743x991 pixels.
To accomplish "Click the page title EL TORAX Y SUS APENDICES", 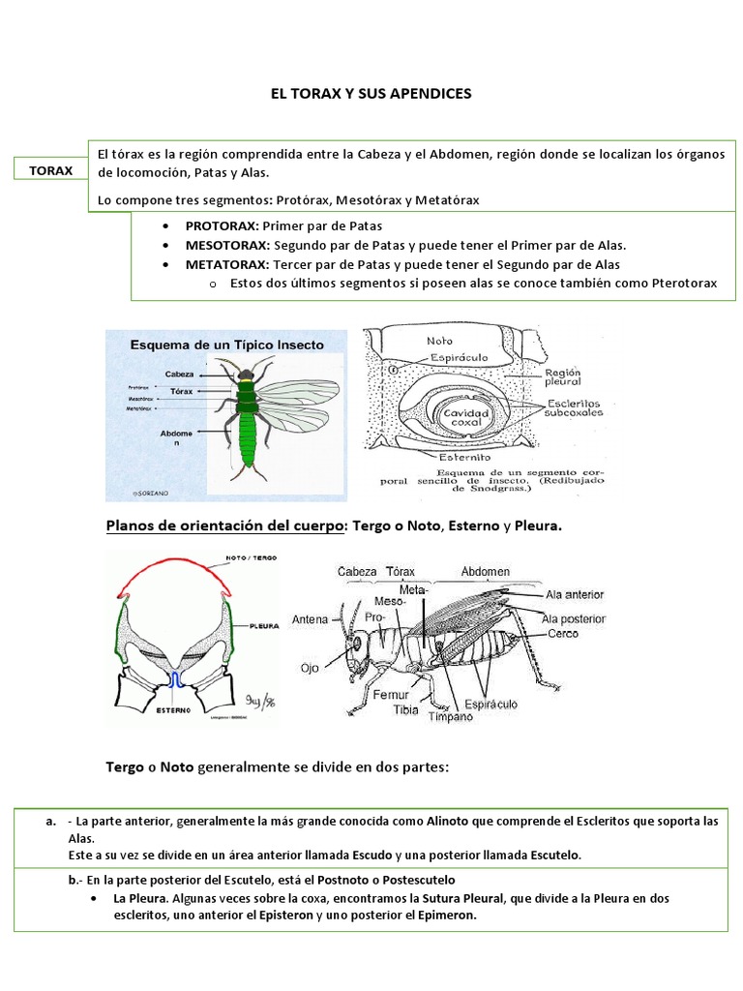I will click(x=371, y=94).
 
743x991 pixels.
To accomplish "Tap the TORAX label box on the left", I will click(x=51, y=170).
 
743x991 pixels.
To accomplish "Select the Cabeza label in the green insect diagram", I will click(x=181, y=374).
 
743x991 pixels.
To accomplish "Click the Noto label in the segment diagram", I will click(x=439, y=341).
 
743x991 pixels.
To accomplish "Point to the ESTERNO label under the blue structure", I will click(x=174, y=708).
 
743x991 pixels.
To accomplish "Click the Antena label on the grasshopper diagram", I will click(x=312, y=619).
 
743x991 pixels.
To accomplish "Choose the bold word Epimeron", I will click(x=448, y=916).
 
